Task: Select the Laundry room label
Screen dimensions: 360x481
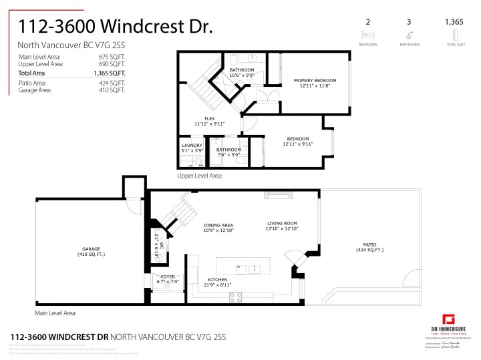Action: (x=191, y=148)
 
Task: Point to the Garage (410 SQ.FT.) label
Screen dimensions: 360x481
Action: (x=90, y=252)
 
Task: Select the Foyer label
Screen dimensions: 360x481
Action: (x=163, y=279)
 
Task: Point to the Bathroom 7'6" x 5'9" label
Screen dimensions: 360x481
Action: (x=228, y=152)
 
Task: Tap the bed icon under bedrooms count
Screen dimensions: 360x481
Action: (x=367, y=35)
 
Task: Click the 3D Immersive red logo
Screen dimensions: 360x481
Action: (x=450, y=319)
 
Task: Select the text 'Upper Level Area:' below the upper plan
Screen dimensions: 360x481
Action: (x=199, y=176)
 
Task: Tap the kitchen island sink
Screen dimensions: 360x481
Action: (x=255, y=269)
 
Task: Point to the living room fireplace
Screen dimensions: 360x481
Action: (x=277, y=195)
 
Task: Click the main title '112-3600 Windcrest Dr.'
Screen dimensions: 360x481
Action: (x=115, y=27)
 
